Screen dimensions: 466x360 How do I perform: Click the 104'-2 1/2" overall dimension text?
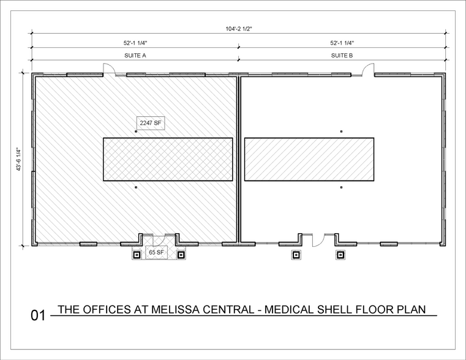pos(239,29)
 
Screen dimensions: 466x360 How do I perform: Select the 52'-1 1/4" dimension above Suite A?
pos(135,43)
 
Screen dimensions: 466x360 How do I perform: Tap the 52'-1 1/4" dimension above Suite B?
pos(342,43)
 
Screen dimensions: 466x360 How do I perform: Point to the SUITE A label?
pos(135,56)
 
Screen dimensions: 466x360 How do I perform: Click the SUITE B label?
pos(342,56)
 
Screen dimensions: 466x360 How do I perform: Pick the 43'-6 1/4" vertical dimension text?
pos(19,159)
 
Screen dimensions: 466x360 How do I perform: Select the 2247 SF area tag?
pos(151,123)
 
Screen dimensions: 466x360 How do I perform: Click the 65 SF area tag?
pos(156,252)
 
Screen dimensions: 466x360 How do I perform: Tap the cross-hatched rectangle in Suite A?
pos(168,159)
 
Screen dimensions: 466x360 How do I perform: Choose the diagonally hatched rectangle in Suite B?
pos(309,159)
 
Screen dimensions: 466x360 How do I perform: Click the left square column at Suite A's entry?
pos(137,255)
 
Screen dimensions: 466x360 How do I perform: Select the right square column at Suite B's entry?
pos(340,255)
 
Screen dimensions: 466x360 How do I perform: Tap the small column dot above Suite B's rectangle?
pos(341,131)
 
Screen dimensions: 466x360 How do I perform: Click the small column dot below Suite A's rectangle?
pos(136,187)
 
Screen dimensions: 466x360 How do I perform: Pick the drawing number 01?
pos(38,315)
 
